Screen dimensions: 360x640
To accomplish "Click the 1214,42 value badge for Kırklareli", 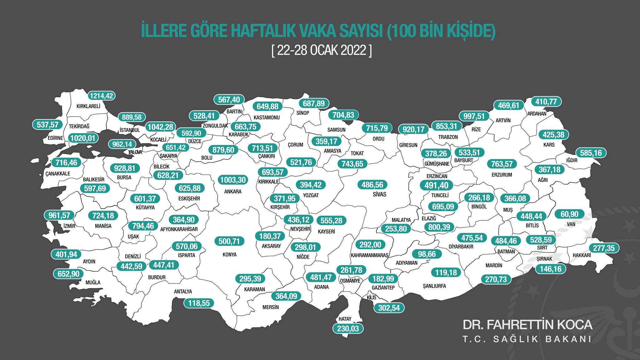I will tap(101, 96).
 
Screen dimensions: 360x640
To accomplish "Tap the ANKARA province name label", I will tap(232, 192).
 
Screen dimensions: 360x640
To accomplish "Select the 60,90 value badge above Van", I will tap(569, 214).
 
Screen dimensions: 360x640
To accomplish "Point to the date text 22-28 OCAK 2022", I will tap(322, 50).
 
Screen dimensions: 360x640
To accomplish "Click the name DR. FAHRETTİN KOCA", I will tap(527, 325).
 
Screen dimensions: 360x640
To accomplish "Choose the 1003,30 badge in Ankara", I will tap(233, 180).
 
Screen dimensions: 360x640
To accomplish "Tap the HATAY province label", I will tap(345, 319).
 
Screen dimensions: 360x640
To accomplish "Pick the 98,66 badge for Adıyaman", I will tap(427, 254).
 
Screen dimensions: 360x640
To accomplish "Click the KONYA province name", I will tap(229, 255).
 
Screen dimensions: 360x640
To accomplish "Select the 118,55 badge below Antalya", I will tap(199, 303).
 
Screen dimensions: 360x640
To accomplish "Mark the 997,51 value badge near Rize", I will tap(474, 116).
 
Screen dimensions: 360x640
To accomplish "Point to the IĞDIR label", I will tap(572, 160).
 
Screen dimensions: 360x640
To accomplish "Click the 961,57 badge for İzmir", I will tap(59, 215).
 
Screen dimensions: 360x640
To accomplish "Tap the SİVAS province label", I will tap(379, 194).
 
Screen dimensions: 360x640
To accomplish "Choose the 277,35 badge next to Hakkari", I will tap(604, 248).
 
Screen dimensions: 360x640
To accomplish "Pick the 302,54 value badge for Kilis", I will tap(389, 308).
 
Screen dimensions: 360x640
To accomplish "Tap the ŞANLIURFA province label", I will tap(434, 286).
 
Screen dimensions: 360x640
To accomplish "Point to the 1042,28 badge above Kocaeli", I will tap(160, 127).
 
